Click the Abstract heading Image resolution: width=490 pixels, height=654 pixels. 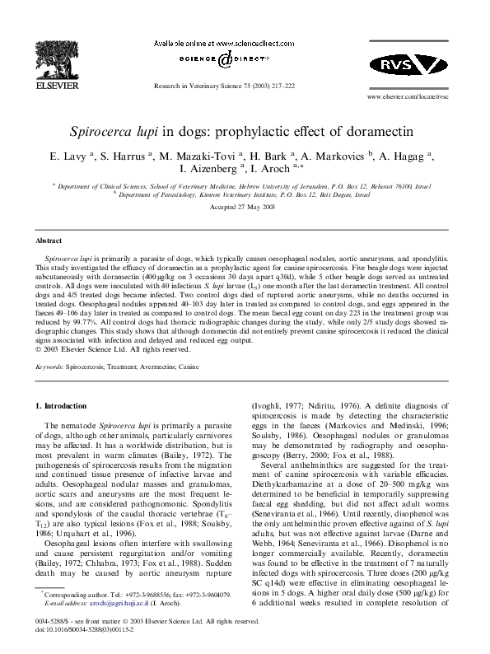[49, 241]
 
